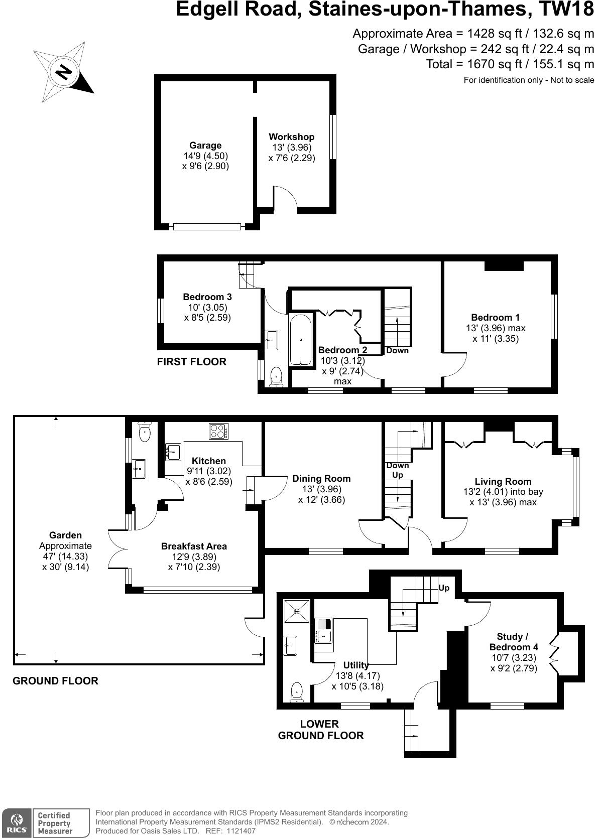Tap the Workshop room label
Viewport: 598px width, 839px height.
tap(292, 136)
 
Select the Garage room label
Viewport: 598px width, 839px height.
tap(205, 146)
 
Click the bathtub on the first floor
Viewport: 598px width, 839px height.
tap(300, 340)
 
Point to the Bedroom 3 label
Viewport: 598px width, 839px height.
tap(207, 297)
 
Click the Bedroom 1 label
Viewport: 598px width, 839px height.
tap(496, 318)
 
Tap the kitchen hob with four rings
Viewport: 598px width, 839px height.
tap(218, 431)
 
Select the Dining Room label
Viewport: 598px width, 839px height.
tap(321, 479)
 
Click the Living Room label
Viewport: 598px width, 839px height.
tap(503, 482)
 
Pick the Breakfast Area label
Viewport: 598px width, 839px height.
tap(194, 546)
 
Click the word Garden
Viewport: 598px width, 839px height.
tap(66, 535)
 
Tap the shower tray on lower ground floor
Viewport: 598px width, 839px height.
tap(297, 611)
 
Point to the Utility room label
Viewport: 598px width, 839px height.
tap(356, 665)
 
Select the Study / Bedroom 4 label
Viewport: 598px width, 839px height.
tap(514, 642)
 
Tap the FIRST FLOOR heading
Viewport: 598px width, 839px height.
tap(191, 362)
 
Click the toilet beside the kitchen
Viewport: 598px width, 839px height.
tap(145, 432)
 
